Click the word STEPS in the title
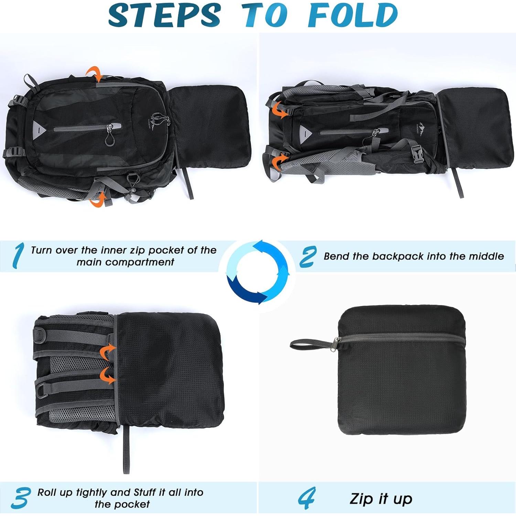[164, 15]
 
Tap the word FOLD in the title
[353, 15]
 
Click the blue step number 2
[308, 256]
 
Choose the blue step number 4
[307, 498]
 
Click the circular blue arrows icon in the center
[258, 272]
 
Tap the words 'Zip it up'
[381, 498]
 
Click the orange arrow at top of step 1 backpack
[94, 74]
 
